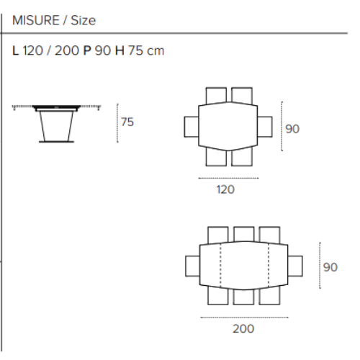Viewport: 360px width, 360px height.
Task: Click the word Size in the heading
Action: [83, 20]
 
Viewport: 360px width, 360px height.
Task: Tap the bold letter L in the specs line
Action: [17, 52]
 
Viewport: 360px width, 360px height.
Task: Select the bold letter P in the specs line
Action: [87, 52]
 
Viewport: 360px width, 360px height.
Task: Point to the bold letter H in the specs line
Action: [120, 52]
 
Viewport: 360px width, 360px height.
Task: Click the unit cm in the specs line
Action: [155, 52]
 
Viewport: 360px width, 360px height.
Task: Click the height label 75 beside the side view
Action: [127, 122]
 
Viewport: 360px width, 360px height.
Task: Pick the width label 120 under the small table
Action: [226, 190]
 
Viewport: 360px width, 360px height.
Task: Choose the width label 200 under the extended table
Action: [243, 328]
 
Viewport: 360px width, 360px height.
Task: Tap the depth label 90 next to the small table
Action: [292, 129]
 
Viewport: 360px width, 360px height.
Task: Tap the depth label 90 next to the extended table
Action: [330, 267]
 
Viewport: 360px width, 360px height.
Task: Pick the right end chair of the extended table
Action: [295, 265]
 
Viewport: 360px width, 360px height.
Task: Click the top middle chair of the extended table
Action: [243, 235]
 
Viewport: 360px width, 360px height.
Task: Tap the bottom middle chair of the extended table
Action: [243, 297]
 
